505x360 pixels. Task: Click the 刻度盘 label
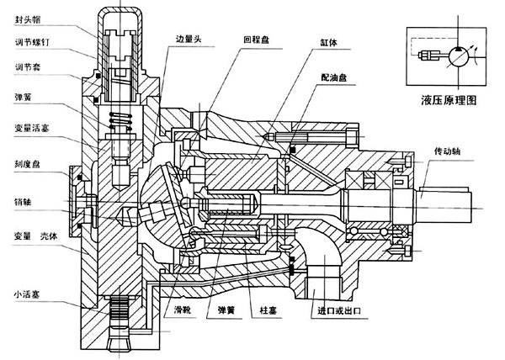pos(19,165)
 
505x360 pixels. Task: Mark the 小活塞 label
pos(19,294)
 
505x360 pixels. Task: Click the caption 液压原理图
pos(449,100)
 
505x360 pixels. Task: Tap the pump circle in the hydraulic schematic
pos(460,58)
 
